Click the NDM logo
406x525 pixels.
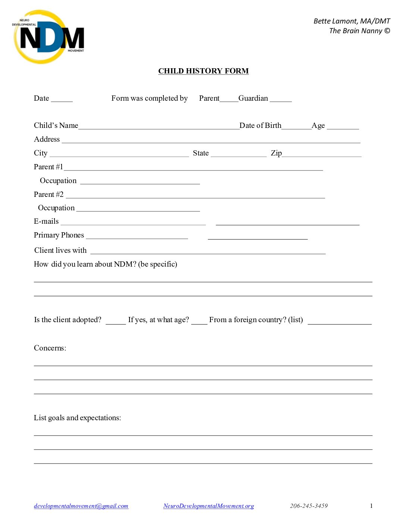(x=49, y=37)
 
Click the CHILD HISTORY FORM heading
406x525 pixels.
(x=203, y=71)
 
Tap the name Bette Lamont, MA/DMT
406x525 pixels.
(x=352, y=21)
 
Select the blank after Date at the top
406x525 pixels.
(x=62, y=99)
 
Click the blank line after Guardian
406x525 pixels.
(x=281, y=99)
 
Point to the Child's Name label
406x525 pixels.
(x=56, y=126)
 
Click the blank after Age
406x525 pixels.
(x=343, y=127)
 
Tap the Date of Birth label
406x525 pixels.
(x=260, y=126)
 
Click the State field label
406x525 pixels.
(x=201, y=153)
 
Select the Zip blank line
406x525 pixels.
(x=322, y=154)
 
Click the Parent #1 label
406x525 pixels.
(x=49, y=167)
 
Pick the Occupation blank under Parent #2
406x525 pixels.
(x=138, y=209)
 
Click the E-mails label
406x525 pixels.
(x=46, y=221)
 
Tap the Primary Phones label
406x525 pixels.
(x=59, y=235)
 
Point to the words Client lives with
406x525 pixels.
(x=60, y=251)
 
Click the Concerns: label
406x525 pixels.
(x=50, y=348)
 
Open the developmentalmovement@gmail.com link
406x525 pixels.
(x=81, y=506)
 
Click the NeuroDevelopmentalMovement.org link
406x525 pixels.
(x=209, y=506)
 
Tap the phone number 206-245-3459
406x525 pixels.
(x=309, y=506)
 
